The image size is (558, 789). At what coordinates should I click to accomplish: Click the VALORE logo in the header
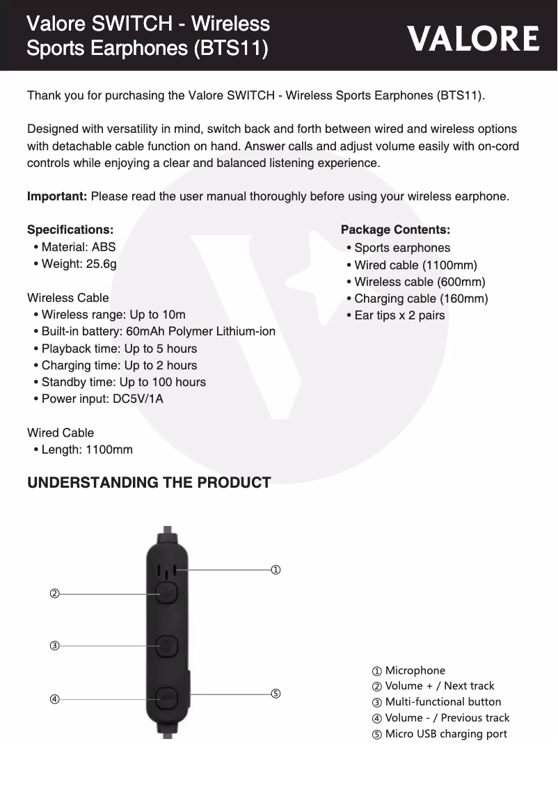pyautogui.click(x=473, y=38)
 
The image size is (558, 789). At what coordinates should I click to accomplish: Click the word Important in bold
pyautogui.click(x=56, y=196)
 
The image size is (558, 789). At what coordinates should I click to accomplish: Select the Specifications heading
pyautogui.click(x=70, y=230)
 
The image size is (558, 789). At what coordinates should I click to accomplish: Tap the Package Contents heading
pyautogui.click(x=395, y=230)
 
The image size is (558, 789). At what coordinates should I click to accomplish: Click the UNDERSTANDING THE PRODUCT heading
pyautogui.click(x=148, y=483)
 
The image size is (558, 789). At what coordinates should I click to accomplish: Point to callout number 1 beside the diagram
pyautogui.click(x=276, y=570)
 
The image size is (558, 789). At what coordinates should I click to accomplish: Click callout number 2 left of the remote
pyautogui.click(x=54, y=593)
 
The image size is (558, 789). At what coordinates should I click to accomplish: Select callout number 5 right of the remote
pyautogui.click(x=276, y=694)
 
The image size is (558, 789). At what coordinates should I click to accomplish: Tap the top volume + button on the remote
pyautogui.click(x=167, y=593)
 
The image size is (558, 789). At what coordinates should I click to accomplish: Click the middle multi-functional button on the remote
pyautogui.click(x=167, y=646)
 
